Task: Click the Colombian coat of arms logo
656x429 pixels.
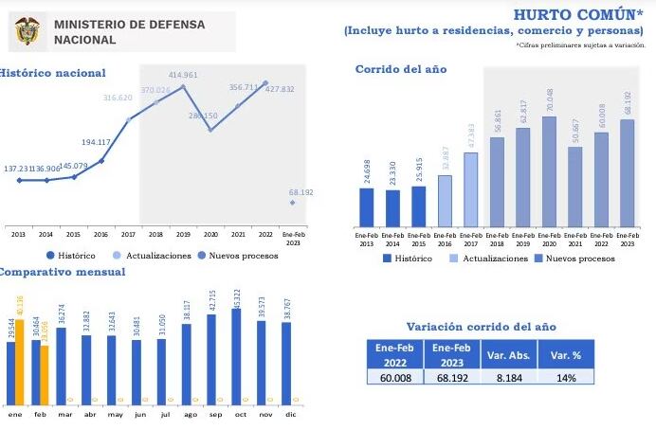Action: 26,32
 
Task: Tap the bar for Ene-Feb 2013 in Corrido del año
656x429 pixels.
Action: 367,207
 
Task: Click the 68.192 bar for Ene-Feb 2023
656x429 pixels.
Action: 627,173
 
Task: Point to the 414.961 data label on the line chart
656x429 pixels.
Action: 183,75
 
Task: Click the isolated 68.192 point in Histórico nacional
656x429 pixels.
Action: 293,202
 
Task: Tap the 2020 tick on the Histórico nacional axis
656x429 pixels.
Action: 210,233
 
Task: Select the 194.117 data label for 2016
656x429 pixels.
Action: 97,142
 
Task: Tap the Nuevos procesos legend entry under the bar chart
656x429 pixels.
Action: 574,259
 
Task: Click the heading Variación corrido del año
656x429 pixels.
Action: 481,327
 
